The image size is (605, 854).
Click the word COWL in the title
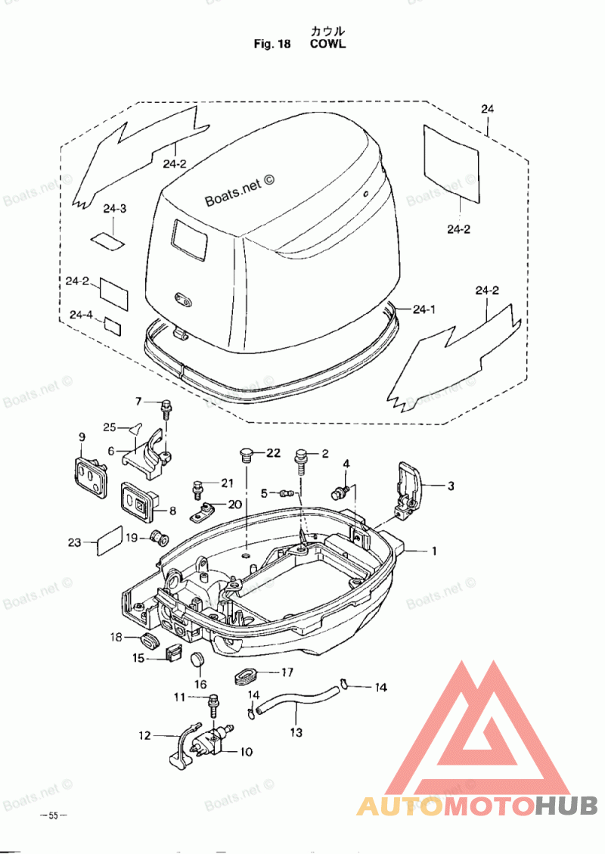[327, 44]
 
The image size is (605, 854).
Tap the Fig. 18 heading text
[272, 44]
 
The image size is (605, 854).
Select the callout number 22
[273, 453]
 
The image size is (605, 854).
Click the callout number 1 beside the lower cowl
[434, 551]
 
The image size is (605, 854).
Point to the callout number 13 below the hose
[296, 732]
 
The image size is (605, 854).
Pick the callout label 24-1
[424, 309]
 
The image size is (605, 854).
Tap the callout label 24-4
[82, 315]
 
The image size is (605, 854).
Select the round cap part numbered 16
[199, 661]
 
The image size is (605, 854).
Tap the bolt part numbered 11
[213, 704]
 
